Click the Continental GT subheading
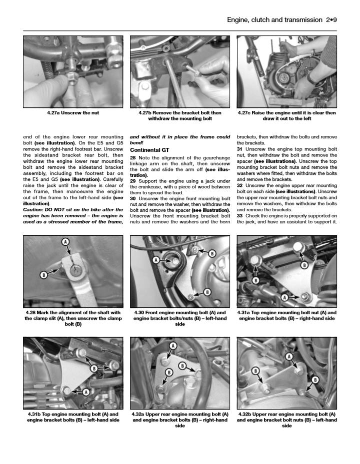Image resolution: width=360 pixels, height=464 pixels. click(x=149, y=149)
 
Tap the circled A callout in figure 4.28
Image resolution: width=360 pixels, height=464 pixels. click(x=65, y=242)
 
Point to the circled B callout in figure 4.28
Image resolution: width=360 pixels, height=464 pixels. click(x=43, y=274)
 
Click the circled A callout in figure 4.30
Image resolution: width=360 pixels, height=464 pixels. click(x=156, y=260)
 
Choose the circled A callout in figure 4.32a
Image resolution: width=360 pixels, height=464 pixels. click(x=173, y=346)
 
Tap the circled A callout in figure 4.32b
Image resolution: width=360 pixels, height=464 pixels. click(x=288, y=356)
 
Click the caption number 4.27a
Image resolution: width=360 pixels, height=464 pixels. click(x=55, y=113)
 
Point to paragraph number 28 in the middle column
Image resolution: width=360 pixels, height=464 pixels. click(x=133, y=158)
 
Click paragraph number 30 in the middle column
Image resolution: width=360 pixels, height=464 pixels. click(x=133, y=198)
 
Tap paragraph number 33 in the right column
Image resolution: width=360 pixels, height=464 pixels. click(x=240, y=215)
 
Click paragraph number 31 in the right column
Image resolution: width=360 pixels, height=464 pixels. click(x=240, y=149)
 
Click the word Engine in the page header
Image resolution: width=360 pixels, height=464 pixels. click(x=238, y=20)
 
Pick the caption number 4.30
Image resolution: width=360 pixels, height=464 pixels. click(x=140, y=313)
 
